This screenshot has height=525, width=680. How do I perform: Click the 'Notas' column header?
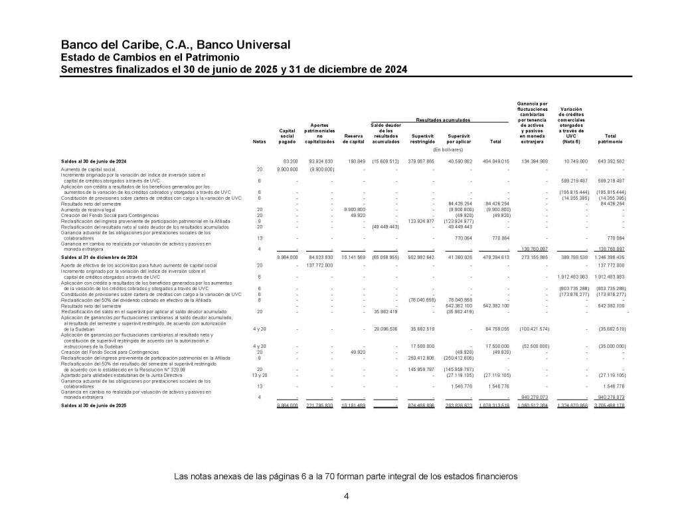(258, 142)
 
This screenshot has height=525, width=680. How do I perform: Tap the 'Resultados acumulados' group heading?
(443, 119)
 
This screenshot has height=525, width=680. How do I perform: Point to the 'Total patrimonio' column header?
(610, 138)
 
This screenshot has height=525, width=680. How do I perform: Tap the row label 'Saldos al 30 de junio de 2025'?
(98, 404)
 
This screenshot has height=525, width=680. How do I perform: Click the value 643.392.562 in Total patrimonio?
(610, 161)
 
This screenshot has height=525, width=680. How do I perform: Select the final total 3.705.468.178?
(610, 404)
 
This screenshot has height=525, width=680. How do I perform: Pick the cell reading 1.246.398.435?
(610, 256)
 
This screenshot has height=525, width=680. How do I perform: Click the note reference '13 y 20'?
(259, 374)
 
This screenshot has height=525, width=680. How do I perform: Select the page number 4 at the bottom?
(346, 496)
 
